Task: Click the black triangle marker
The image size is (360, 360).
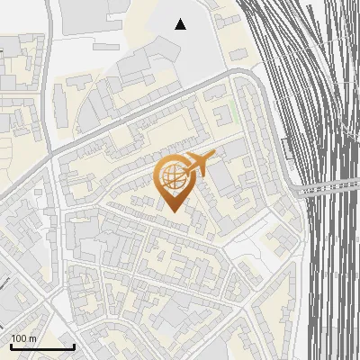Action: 181,24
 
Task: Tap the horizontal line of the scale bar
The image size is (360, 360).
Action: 42,346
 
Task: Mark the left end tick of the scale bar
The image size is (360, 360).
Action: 11,345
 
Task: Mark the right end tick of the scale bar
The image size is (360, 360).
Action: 74,345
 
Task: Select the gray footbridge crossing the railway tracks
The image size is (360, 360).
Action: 328,187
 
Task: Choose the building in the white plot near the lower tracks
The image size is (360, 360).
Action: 279,238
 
